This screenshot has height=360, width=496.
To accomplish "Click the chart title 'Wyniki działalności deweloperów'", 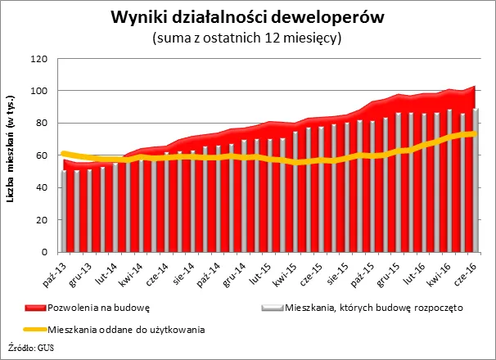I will coord(247,17).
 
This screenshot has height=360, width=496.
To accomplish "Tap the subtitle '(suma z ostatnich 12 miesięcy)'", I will coord(247,37).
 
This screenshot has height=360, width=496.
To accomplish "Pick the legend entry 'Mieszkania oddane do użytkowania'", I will coord(126,330).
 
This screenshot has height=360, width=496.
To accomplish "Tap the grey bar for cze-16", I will coord(476,180).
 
